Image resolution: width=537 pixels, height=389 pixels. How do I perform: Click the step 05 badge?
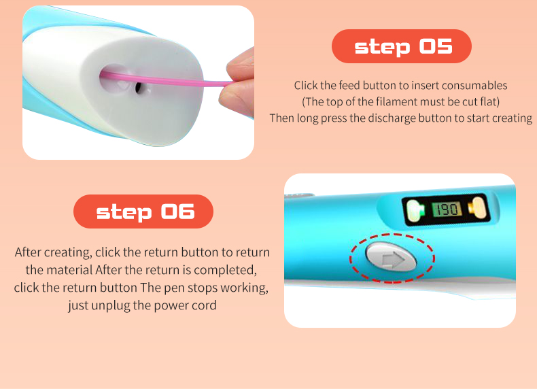click(401, 46)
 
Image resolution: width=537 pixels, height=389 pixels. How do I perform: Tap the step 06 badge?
click(143, 212)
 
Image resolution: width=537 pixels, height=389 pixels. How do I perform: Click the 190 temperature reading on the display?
click(446, 209)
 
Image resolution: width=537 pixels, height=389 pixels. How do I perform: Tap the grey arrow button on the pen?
click(392, 257)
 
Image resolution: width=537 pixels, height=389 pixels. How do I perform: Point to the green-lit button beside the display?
click(415, 209)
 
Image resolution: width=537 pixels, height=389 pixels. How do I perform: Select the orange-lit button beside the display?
click(477, 208)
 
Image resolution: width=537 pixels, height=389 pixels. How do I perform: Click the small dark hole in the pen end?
click(139, 88)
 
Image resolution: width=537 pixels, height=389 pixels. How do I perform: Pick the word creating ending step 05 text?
click(512, 118)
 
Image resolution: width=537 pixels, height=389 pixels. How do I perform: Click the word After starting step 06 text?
click(28, 252)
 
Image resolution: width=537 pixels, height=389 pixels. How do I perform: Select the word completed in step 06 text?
click(225, 270)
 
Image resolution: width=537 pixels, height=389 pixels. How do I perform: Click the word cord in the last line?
click(204, 305)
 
